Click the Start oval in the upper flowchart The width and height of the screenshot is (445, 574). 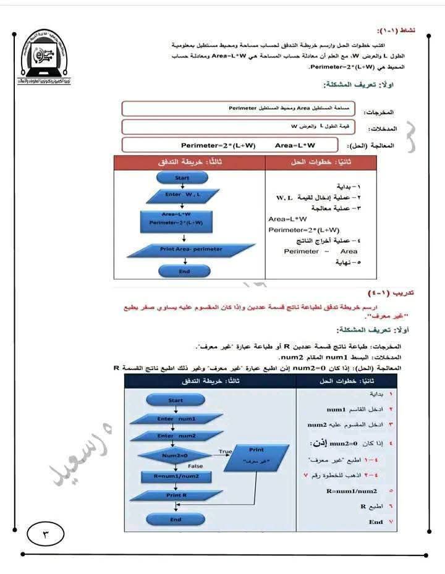(182, 178)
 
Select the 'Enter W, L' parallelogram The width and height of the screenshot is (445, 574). (182, 196)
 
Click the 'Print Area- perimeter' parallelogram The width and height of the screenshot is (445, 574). (191, 250)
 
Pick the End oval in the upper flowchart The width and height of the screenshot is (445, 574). (184, 271)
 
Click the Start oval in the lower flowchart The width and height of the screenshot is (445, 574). (176, 400)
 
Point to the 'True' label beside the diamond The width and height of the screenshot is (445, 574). (225, 452)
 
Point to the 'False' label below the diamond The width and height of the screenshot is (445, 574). (195, 466)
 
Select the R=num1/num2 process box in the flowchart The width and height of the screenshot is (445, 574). (175, 477)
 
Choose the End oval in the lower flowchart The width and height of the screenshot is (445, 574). (176, 520)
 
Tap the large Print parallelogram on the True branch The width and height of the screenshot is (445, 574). (255, 456)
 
